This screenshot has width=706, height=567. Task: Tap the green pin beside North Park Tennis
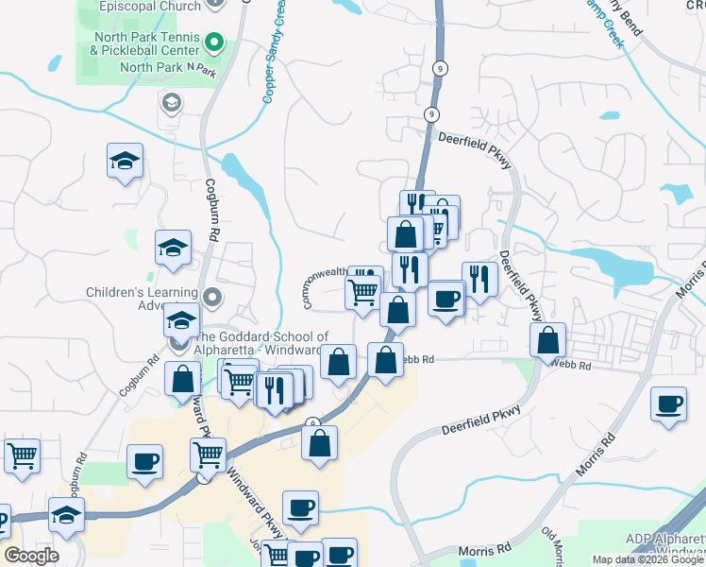click(x=213, y=43)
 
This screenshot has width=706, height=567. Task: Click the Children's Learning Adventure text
click(x=139, y=298)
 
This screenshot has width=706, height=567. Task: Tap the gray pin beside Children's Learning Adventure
click(x=213, y=299)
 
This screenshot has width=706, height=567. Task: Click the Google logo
click(x=31, y=556)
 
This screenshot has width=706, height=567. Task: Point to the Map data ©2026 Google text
click(x=648, y=559)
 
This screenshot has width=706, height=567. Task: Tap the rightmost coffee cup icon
click(x=669, y=404)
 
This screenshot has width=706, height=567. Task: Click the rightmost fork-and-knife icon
click(x=479, y=278)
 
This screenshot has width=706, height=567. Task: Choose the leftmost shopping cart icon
click(x=22, y=455)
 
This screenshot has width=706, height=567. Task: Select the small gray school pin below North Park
click(x=172, y=102)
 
